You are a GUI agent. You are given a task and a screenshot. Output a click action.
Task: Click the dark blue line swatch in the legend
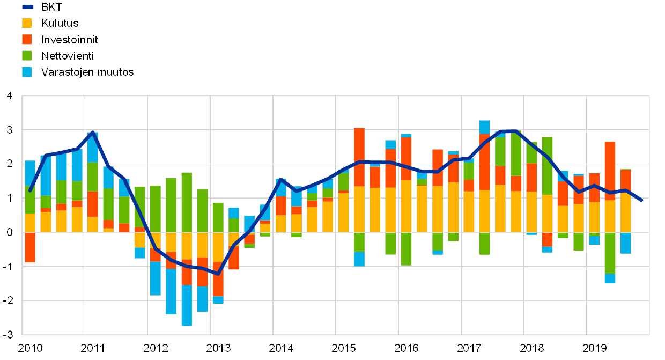27,6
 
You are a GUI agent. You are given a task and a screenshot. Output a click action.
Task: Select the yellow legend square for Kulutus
27,23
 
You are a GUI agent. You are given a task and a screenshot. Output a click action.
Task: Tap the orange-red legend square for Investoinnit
27,39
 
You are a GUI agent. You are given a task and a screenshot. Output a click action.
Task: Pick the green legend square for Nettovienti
27,55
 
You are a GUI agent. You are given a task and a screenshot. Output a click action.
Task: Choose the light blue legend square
27,72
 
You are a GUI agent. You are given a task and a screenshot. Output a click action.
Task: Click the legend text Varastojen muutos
87,72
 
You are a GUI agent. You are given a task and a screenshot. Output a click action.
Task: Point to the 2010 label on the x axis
30,348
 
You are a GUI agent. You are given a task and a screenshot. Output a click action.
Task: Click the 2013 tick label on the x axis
218,348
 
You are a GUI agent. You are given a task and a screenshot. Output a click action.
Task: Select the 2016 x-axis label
407,348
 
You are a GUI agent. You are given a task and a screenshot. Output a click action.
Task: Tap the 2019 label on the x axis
595,348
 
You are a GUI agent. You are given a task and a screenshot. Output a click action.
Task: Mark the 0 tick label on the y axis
9,232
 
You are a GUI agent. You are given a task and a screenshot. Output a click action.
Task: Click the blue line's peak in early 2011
93,133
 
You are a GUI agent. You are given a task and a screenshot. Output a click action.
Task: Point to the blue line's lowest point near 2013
218,274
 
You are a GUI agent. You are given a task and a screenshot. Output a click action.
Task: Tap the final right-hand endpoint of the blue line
642,200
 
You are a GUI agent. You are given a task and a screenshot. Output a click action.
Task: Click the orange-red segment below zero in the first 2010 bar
30,247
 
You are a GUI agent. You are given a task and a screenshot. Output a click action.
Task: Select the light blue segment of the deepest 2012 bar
187,305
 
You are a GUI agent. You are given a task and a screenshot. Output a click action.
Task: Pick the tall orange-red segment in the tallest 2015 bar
359,157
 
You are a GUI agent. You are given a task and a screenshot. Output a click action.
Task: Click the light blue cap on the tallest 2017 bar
484,127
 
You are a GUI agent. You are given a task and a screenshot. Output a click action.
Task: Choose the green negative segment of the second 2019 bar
610,253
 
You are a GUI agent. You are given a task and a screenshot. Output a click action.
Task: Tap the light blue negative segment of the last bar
625,243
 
